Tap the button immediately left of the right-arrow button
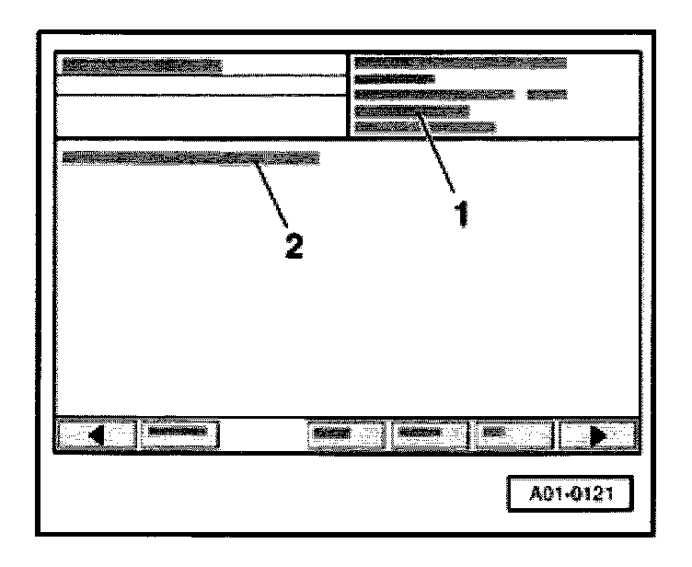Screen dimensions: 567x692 [515, 432]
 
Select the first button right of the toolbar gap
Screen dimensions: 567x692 [346, 432]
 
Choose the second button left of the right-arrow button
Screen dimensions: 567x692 [430, 432]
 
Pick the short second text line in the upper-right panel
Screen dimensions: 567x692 [387, 78]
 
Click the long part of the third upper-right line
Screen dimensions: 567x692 [433, 94]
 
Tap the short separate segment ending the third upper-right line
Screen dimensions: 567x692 [547, 94]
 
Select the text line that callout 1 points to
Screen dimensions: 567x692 [411, 110]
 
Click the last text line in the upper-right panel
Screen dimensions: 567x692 [424, 127]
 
